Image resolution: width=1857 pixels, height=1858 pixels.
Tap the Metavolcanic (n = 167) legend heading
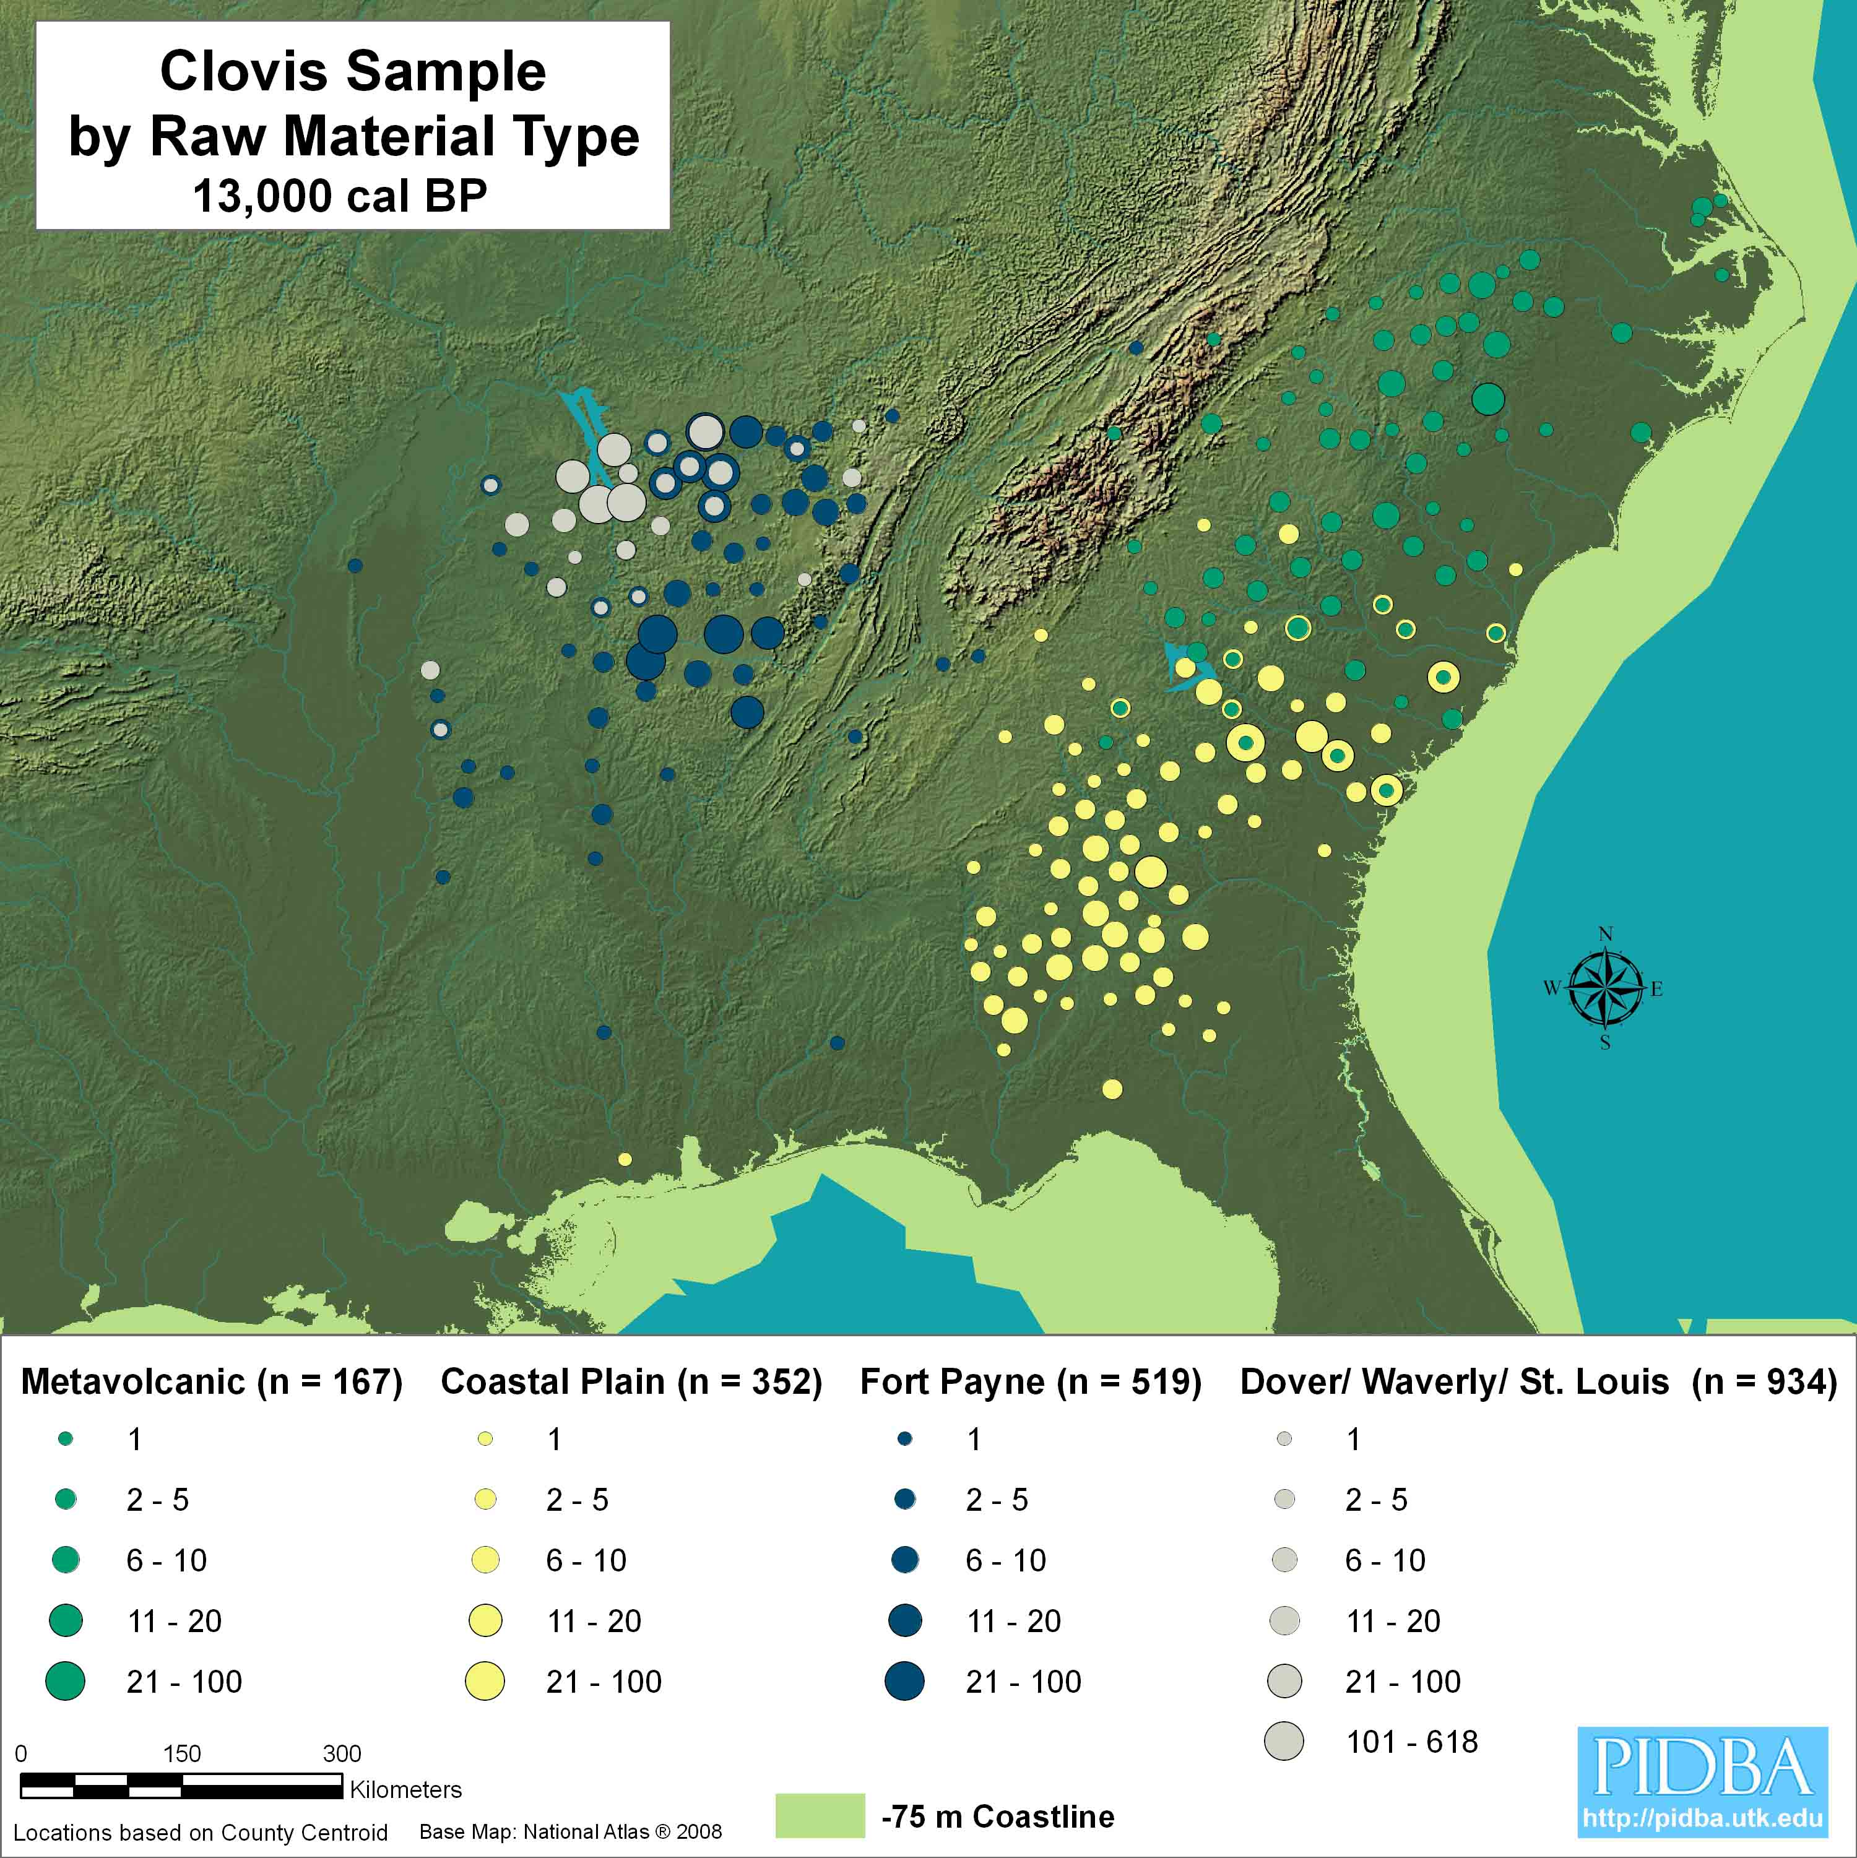pos(212,1382)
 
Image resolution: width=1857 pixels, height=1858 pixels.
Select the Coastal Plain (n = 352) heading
pos(631,1382)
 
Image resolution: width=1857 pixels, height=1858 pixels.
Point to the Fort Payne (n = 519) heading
pos(1030,1382)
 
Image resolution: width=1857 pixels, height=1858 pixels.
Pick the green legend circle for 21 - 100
pos(66,1681)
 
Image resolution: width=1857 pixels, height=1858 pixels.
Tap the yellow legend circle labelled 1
pos(486,1439)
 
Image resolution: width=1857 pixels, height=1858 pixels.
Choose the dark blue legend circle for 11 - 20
pos(905,1620)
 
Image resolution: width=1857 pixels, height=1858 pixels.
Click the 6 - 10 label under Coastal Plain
pos(586,1560)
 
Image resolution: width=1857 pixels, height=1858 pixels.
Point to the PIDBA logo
pos(1702,1766)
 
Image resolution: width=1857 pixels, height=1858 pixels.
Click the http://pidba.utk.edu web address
pos(1702,1818)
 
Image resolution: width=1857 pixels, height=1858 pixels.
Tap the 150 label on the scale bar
pos(182,1753)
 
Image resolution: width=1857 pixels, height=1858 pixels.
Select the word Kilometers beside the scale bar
pos(405,1790)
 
